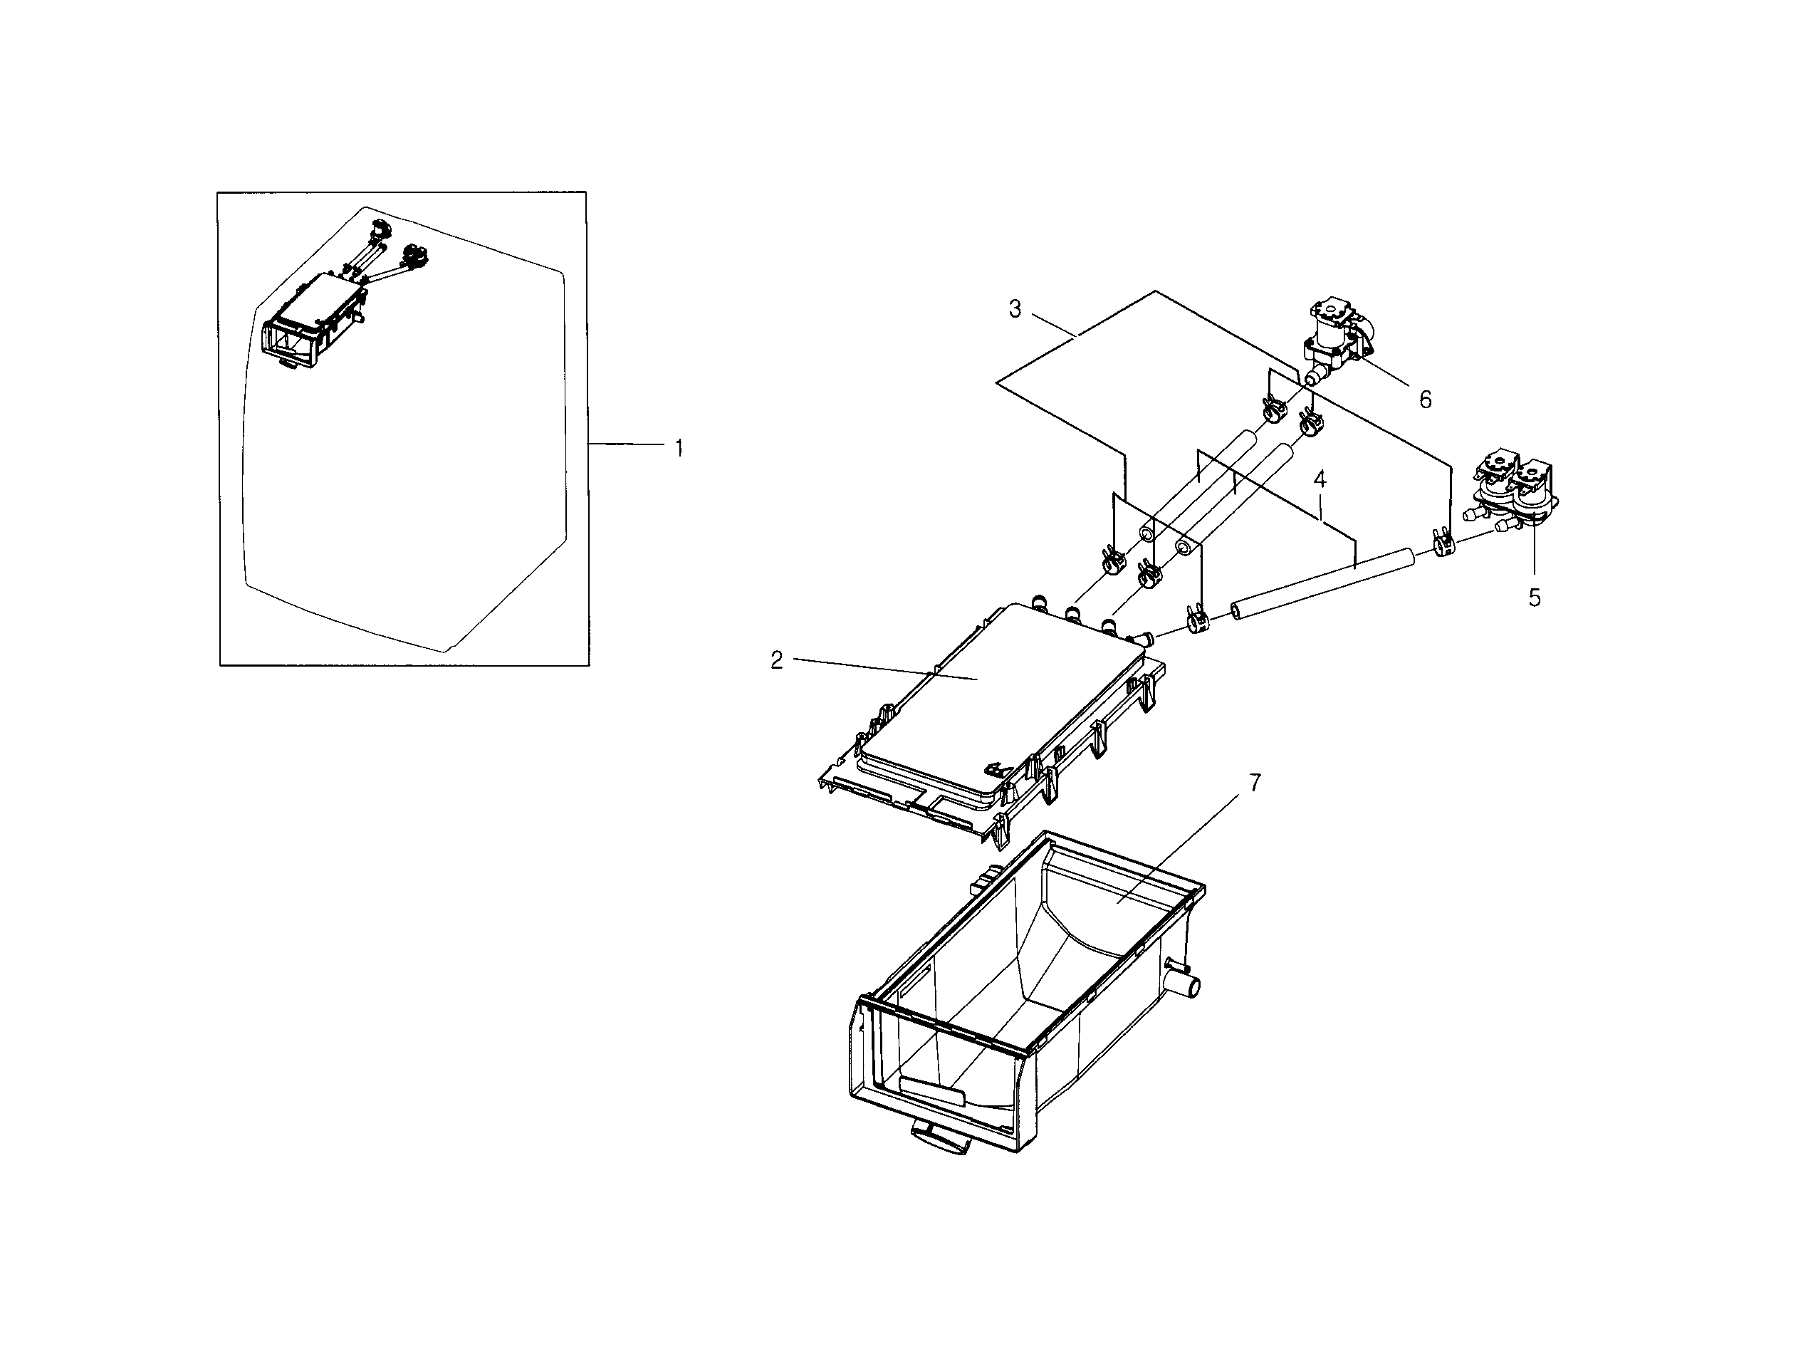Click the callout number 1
tap(679, 449)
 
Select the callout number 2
tap(777, 660)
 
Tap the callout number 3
tap(1015, 310)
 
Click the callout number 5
tap(1534, 598)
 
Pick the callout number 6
tap(1425, 400)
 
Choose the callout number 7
tap(1254, 783)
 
